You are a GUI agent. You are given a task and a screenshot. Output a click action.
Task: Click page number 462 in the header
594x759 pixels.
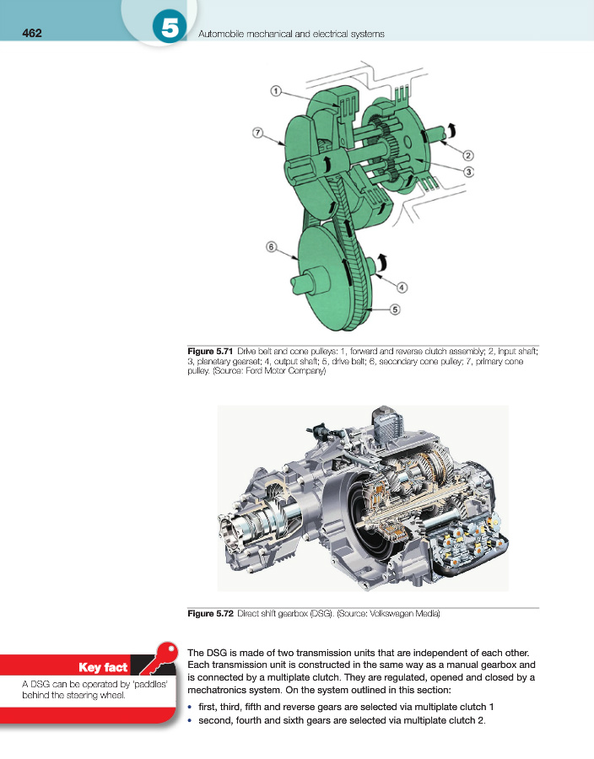[x=31, y=34]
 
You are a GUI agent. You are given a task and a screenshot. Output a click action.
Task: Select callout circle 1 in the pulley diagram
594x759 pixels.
[x=276, y=91]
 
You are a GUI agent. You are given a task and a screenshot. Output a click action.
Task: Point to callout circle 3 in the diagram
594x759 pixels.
[x=467, y=171]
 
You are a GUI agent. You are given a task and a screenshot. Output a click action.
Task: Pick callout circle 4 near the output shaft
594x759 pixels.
[x=402, y=287]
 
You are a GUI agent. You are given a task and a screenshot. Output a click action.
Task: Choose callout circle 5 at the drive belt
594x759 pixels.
[x=394, y=310]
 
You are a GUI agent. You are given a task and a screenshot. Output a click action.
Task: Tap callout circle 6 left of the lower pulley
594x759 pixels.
[x=271, y=247]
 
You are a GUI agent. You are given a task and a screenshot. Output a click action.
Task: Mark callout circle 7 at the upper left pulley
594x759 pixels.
[x=257, y=132]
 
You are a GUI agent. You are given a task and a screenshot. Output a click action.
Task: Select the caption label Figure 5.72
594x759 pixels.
[x=210, y=613]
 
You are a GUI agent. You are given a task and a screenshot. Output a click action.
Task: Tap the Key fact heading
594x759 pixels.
[x=102, y=668]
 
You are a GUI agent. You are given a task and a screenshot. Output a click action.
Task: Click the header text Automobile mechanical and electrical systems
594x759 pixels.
[x=290, y=34]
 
